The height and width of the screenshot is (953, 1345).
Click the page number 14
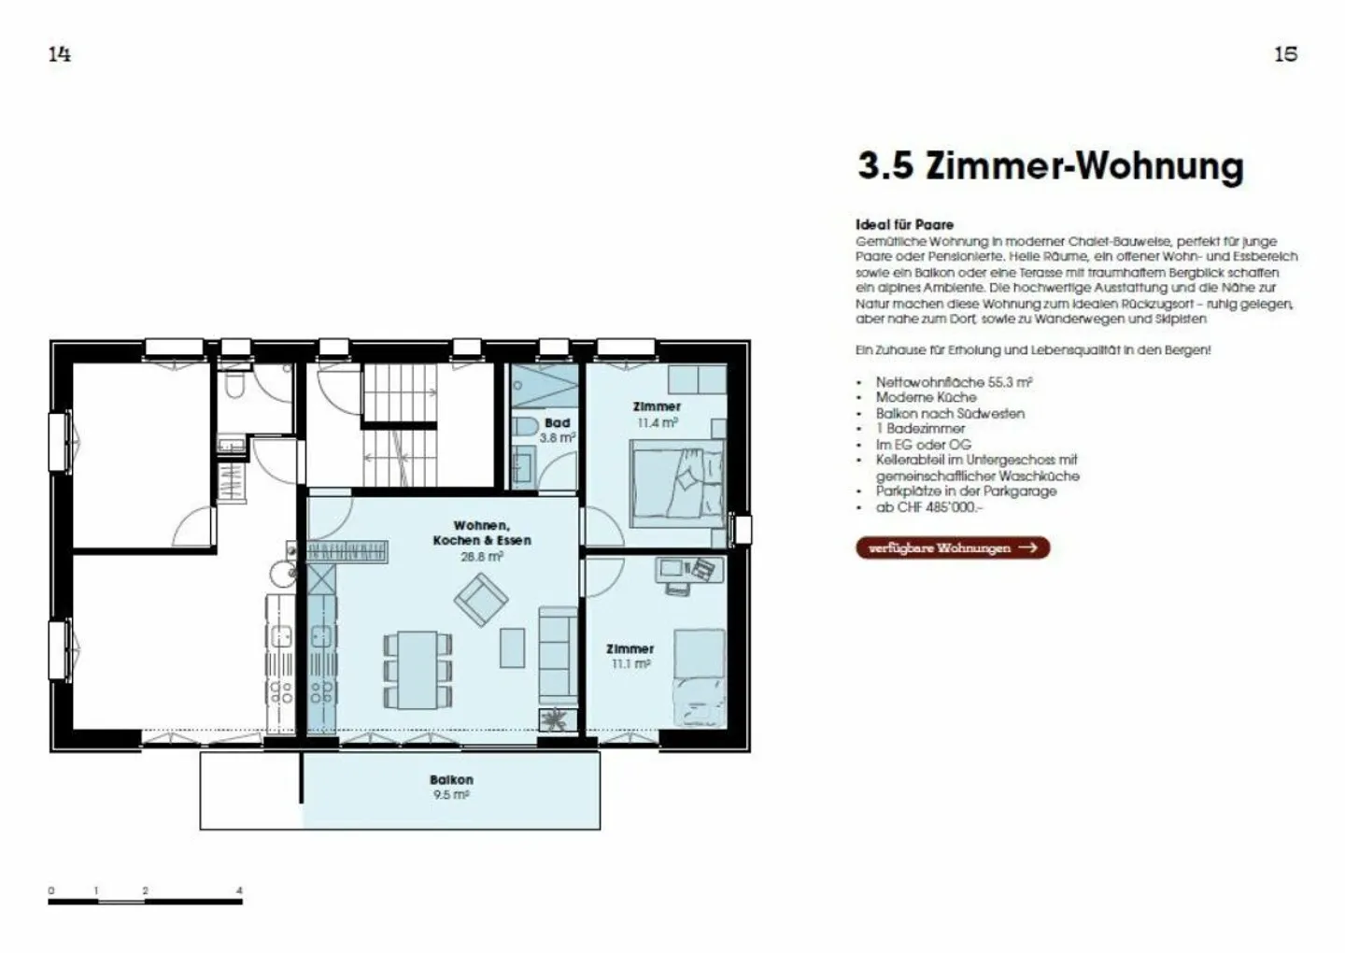coord(60,54)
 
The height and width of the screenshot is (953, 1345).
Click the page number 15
coord(1285,54)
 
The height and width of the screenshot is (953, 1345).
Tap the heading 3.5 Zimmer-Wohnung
coord(1050,166)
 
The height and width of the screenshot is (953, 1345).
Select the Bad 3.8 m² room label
coord(557,430)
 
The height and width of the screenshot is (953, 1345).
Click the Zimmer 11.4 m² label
coord(657,414)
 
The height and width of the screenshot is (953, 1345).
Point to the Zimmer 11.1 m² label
coord(630,656)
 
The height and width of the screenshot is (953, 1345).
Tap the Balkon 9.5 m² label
coord(451,787)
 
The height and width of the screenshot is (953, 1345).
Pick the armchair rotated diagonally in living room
coord(481,599)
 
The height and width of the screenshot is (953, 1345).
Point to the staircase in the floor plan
coord(400,425)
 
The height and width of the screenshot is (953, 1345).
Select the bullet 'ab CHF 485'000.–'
coord(928,507)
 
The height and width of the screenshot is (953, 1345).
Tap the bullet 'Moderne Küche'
coord(925,397)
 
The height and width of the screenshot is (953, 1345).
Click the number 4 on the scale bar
coord(239,890)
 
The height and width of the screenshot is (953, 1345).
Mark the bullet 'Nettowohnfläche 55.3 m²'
coord(953,381)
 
